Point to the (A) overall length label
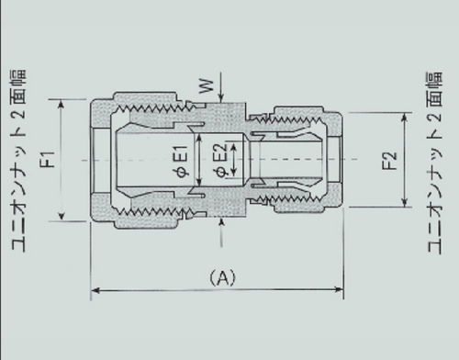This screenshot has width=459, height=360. pos(223,276)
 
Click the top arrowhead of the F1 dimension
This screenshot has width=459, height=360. pos(63,107)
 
